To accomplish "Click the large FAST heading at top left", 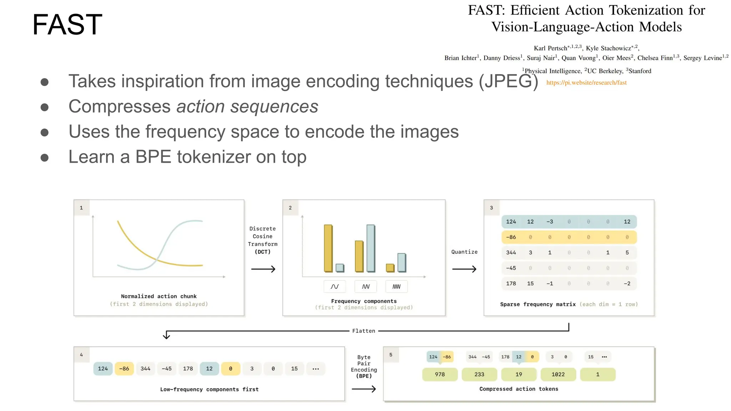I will [67, 24].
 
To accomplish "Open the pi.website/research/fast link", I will [586, 82].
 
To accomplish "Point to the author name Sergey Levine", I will [702, 58].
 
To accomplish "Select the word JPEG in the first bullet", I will [508, 81].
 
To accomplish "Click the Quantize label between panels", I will [464, 252].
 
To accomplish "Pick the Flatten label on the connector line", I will [363, 331].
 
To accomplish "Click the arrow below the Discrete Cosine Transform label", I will [263, 269].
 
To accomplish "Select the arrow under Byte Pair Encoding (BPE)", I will [364, 389].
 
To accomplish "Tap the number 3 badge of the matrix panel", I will [491, 208].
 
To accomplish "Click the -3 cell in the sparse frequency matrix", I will [550, 222].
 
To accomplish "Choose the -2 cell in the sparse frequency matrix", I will [627, 284].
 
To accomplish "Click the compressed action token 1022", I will [558, 374].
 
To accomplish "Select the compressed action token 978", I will [440, 374].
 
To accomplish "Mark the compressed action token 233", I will [479, 374].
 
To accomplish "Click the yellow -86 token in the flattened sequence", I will [124, 369].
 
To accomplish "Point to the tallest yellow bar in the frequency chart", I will [328, 248].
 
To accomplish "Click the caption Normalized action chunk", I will [158, 296].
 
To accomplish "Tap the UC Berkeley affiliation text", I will [605, 71].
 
